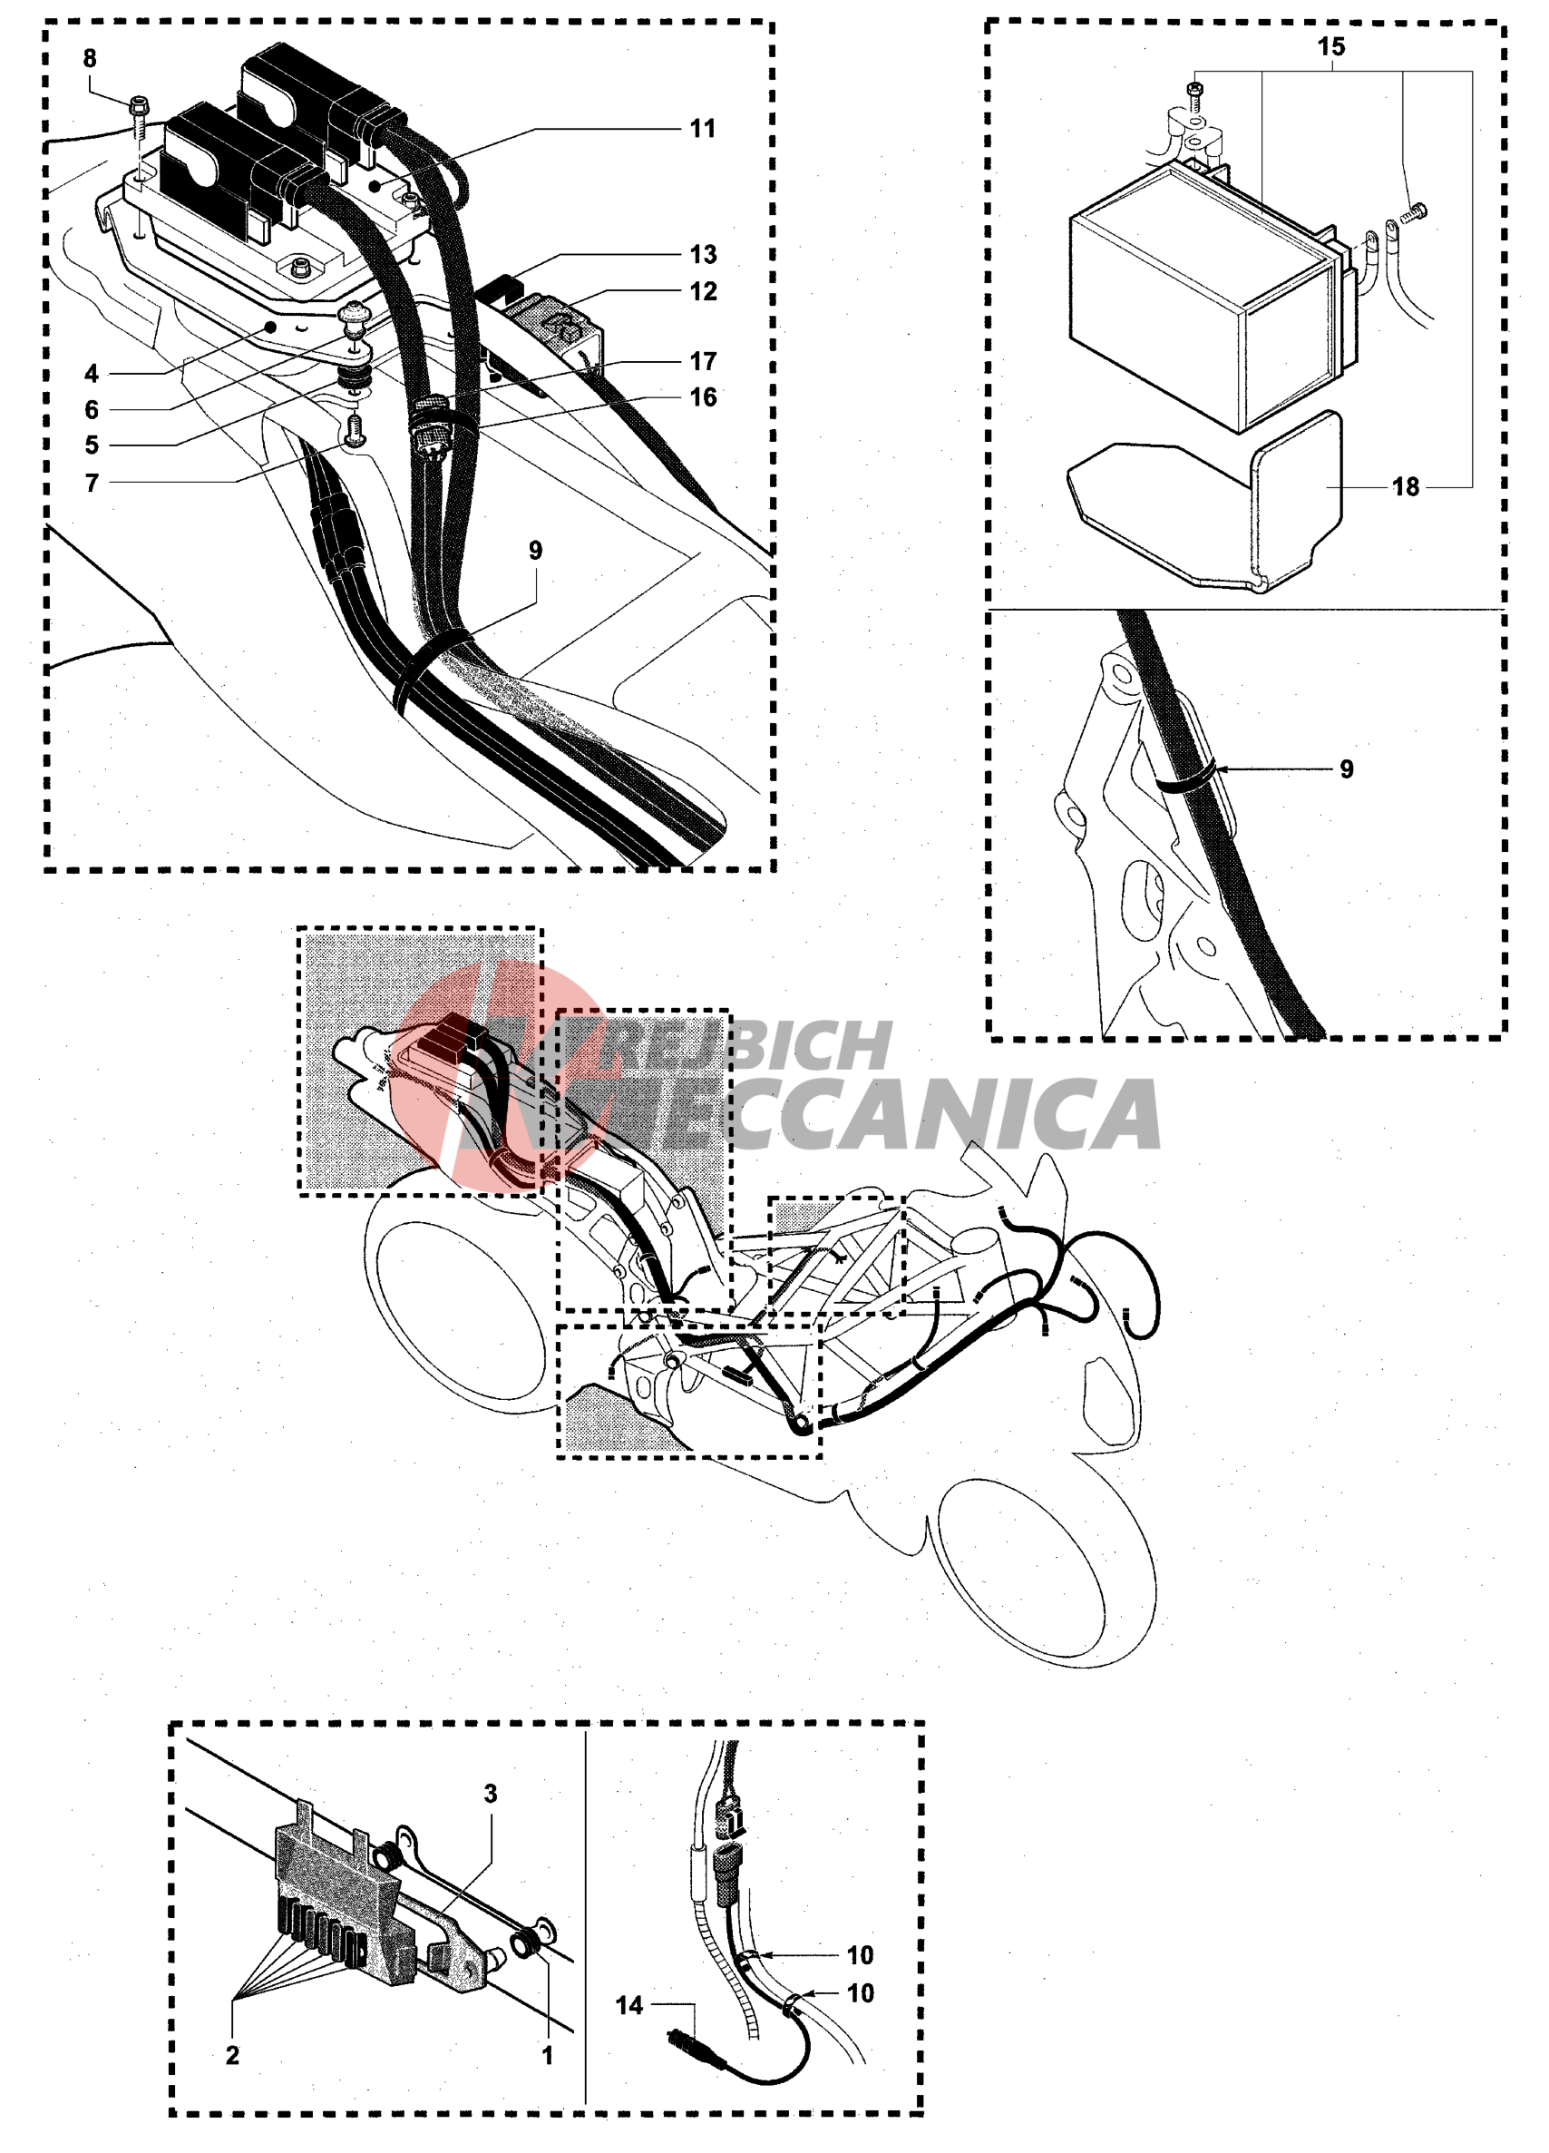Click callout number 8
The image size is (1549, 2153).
point(89,59)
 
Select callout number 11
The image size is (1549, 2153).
point(702,128)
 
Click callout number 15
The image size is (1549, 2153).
point(1330,46)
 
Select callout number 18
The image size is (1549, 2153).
point(1406,487)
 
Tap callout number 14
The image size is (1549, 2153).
point(629,2006)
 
